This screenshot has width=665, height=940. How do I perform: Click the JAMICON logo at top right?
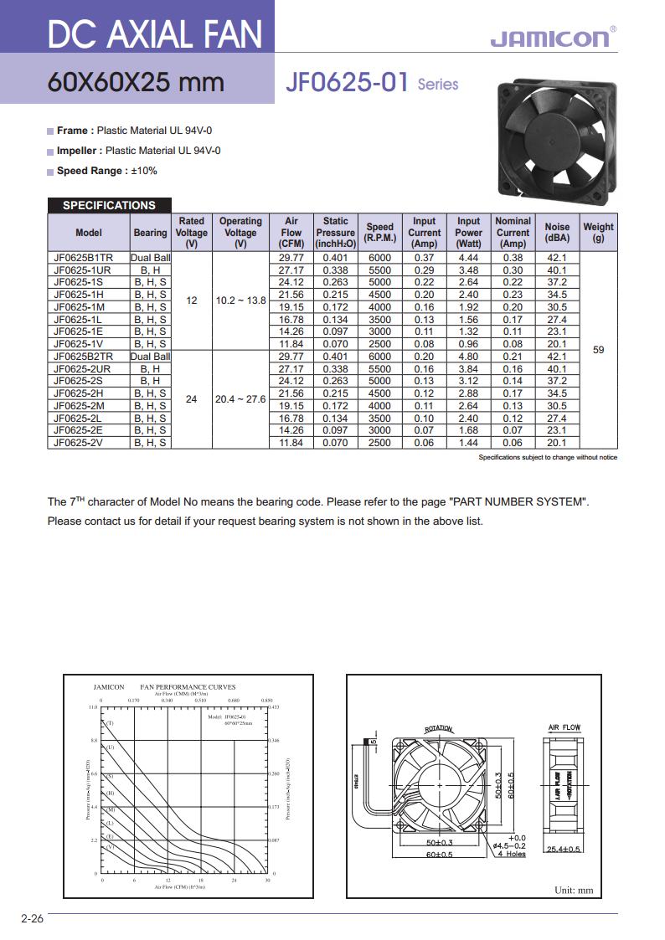point(549,39)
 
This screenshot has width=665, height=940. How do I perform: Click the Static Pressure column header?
point(335,232)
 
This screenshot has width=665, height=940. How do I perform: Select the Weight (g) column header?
point(598,232)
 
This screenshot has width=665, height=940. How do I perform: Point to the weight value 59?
point(598,350)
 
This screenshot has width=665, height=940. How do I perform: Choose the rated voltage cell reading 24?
point(192,399)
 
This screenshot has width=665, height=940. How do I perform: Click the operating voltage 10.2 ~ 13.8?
point(240,300)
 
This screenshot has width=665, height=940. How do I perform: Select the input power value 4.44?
point(468,258)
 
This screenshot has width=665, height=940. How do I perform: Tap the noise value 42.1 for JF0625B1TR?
point(557,258)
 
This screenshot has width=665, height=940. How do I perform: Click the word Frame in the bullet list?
point(73,131)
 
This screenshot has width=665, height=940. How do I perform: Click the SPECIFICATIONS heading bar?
point(109,205)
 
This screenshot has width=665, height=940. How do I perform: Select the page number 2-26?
point(32,919)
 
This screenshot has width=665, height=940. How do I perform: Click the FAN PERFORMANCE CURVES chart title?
point(188,686)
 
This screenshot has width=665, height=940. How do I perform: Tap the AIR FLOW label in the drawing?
point(564,727)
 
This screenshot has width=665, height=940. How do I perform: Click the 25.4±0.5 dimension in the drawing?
point(564,849)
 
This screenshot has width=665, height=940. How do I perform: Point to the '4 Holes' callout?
point(510,854)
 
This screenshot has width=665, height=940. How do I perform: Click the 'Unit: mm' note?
point(574,890)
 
